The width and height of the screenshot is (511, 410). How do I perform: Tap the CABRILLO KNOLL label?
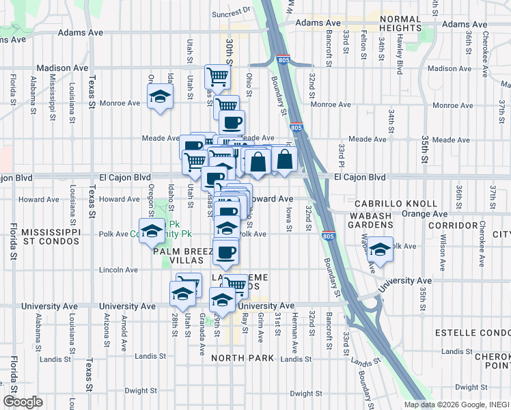point(396,204)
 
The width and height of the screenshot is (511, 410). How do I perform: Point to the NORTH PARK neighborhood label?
point(243,358)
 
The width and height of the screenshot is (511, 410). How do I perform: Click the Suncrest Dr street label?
point(231,12)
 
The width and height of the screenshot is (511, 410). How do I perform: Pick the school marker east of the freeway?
point(380,251)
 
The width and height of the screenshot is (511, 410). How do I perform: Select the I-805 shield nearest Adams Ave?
point(284,60)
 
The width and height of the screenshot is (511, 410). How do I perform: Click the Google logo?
point(23,401)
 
